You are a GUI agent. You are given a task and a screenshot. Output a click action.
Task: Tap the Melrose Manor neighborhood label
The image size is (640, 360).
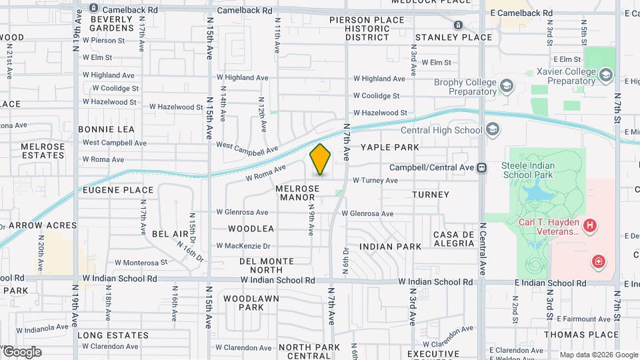(297, 193)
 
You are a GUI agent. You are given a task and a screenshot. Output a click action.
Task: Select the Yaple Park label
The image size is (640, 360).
(390, 147)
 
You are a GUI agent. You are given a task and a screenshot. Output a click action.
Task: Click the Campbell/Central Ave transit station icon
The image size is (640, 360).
(481, 168)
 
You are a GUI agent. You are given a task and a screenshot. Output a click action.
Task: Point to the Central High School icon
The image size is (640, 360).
(493, 130)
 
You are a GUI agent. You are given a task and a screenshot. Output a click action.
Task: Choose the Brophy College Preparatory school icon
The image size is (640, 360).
(507, 86)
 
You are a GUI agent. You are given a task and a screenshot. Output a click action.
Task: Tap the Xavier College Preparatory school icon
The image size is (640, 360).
(605, 75)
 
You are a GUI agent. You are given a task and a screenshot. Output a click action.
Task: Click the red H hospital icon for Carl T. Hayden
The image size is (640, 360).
(589, 227)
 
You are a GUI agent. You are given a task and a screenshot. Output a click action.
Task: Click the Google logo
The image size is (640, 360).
(22, 351)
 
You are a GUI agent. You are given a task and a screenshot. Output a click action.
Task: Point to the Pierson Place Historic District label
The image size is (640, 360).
(367, 29)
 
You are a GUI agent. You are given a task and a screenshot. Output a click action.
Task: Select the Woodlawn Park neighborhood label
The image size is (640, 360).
(243, 303)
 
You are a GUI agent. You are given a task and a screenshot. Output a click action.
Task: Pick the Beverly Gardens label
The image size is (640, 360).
(111, 23)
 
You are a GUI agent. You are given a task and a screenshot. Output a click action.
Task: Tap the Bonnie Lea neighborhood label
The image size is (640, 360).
(106, 129)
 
